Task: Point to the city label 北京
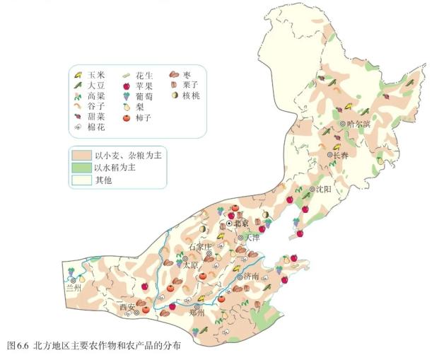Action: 241,223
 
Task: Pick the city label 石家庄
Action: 200,247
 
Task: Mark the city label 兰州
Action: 74,288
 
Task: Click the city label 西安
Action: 127,307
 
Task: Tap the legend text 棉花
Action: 96,127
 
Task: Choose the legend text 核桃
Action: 191,95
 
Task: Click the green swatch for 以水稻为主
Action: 81,167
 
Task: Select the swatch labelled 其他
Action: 81,180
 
